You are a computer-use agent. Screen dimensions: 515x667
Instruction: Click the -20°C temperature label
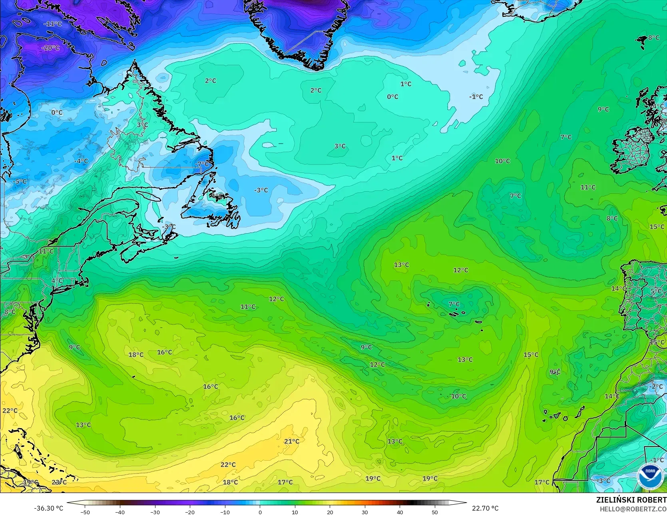(x=50, y=48)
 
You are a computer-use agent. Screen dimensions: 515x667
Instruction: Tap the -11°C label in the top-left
(x=53, y=24)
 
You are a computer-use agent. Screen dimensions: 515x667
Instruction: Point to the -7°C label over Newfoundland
(x=202, y=164)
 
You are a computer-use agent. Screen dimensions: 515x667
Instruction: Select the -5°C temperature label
(x=20, y=181)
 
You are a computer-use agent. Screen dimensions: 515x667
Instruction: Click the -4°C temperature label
(x=81, y=161)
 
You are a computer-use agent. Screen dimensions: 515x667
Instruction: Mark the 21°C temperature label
(x=291, y=441)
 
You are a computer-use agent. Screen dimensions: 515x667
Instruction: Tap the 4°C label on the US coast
(x=57, y=281)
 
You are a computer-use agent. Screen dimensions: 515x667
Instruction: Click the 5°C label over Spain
(x=656, y=291)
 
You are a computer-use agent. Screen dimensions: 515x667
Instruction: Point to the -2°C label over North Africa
(x=656, y=387)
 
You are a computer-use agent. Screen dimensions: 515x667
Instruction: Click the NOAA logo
(x=650, y=476)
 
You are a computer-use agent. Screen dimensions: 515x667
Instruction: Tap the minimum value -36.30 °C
(x=49, y=508)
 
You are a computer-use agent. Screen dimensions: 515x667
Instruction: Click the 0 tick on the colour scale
(x=260, y=512)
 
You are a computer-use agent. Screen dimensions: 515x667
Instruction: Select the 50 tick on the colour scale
(x=435, y=512)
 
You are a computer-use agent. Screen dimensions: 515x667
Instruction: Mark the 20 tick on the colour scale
(x=330, y=512)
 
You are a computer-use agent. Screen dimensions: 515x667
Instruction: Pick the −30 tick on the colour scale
(x=155, y=512)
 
